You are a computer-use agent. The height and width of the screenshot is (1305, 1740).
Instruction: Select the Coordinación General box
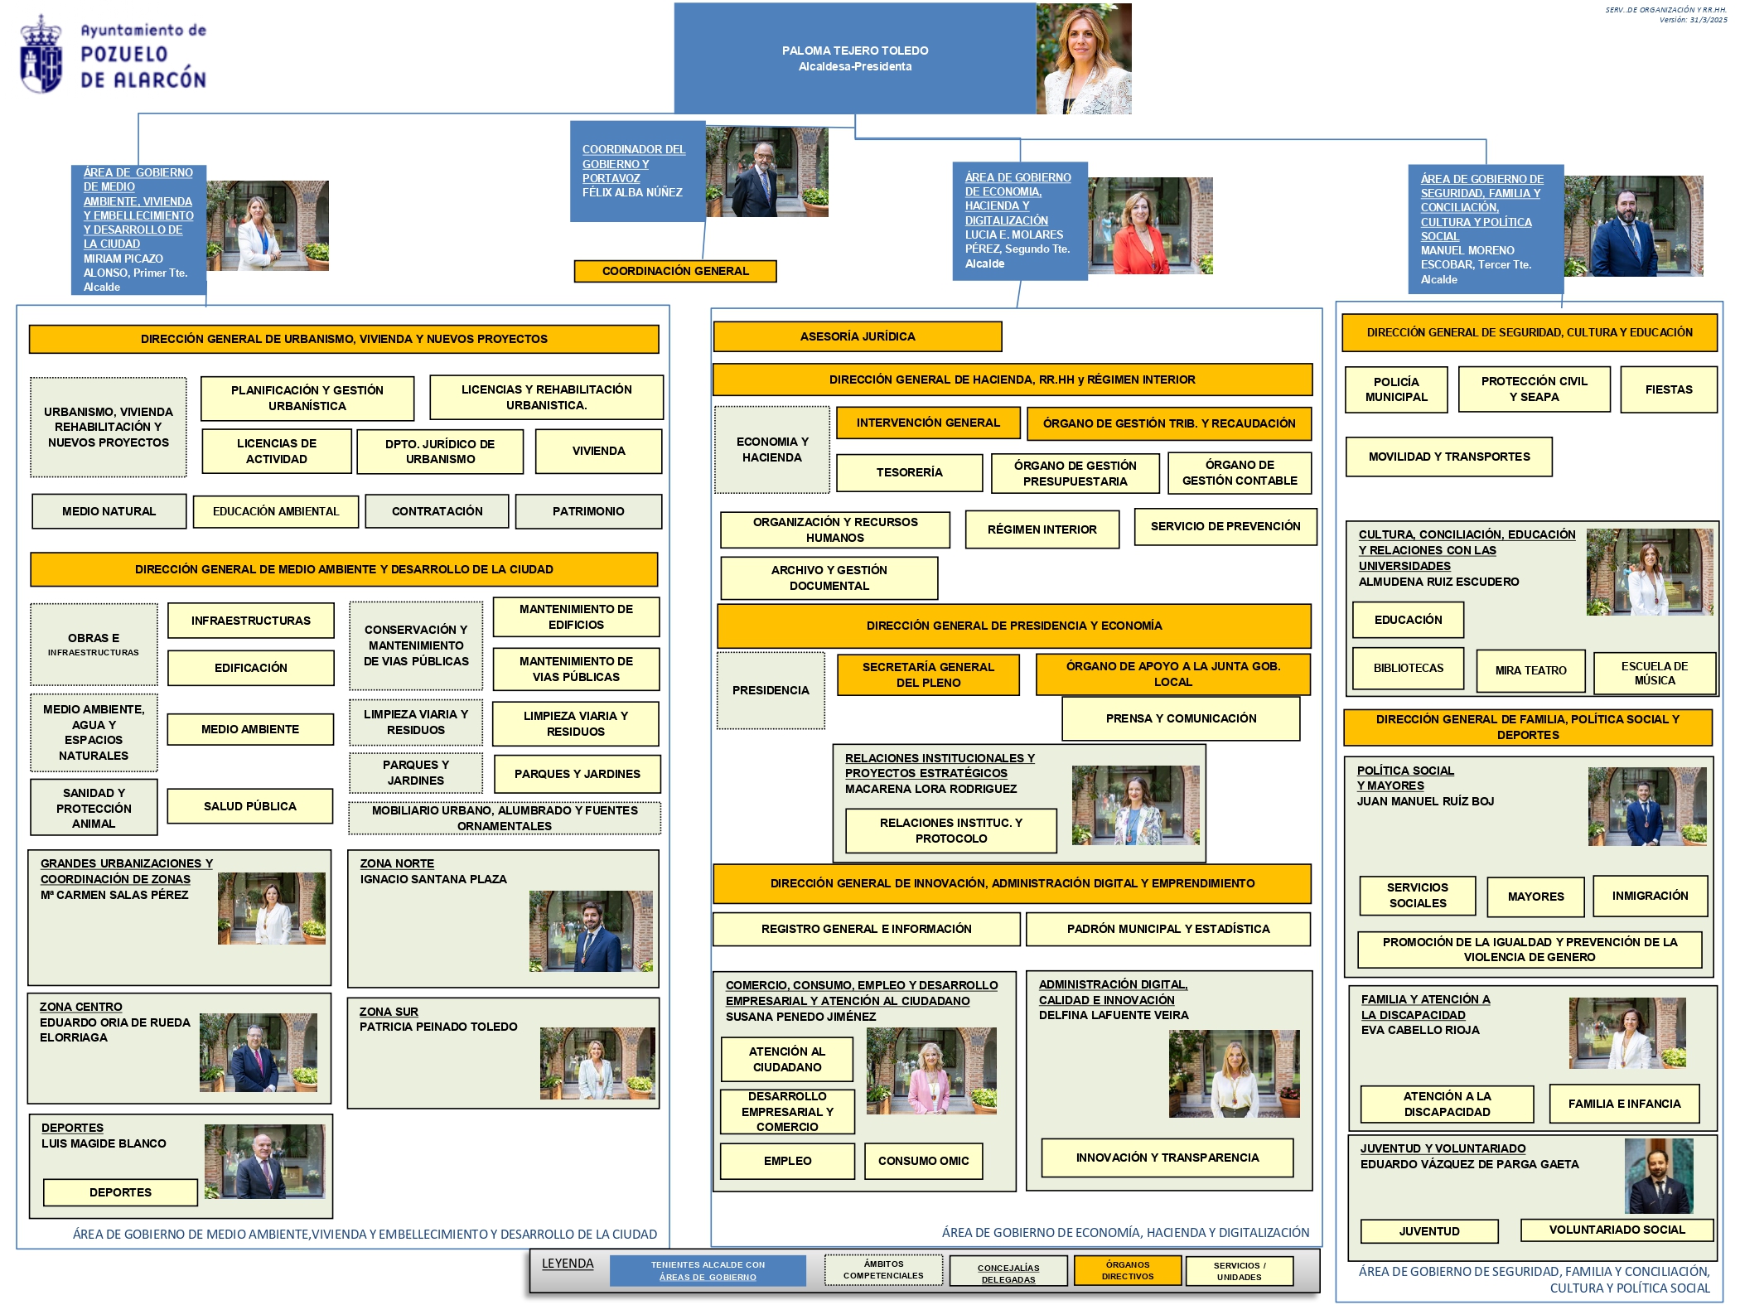tap(675, 271)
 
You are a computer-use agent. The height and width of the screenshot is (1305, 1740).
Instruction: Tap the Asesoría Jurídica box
tap(858, 336)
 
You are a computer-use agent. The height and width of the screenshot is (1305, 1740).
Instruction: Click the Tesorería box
tap(909, 472)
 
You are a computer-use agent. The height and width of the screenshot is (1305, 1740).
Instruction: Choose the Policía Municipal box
tap(1396, 389)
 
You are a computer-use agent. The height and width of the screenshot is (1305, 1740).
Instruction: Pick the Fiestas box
tap(1668, 389)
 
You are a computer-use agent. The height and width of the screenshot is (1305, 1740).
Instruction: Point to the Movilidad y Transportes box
tap(1448, 457)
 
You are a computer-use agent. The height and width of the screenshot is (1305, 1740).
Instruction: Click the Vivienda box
tap(598, 451)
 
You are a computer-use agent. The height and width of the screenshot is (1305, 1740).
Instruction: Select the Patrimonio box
tap(588, 511)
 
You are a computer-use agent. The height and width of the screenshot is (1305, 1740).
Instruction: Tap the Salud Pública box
tap(250, 806)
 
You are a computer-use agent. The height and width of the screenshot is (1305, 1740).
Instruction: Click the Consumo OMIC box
tap(923, 1161)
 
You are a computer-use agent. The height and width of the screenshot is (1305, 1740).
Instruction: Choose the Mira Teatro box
tap(1530, 670)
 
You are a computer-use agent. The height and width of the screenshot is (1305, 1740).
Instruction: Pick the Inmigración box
tap(1650, 896)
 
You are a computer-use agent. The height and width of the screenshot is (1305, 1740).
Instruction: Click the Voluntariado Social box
tap(1617, 1230)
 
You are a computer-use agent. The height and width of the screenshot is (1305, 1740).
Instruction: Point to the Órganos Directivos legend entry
tap(1127, 1270)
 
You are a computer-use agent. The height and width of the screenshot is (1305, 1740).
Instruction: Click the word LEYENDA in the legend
tap(568, 1264)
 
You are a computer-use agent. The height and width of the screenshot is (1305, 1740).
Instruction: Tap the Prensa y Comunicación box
tap(1181, 718)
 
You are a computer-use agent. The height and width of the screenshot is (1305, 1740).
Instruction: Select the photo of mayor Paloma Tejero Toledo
tap(1084, 58)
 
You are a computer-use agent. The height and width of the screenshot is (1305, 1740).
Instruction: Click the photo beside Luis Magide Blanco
tap(264, 1161)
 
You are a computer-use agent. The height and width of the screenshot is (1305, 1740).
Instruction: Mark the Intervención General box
tap(928, 423)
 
